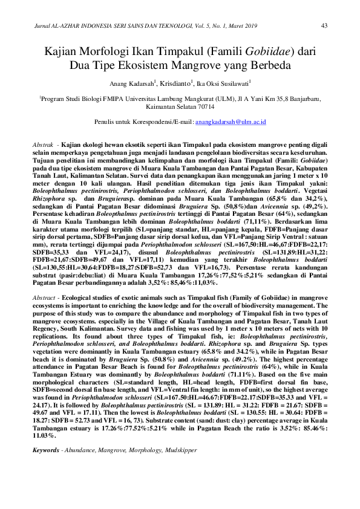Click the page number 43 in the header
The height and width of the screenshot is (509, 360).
coord(324,25)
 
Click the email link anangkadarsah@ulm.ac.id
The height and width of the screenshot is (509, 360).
coord(231,122)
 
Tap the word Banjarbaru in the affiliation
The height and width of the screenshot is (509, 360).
coord(303,97)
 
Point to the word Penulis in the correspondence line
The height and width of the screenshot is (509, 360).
coord(105,122)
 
